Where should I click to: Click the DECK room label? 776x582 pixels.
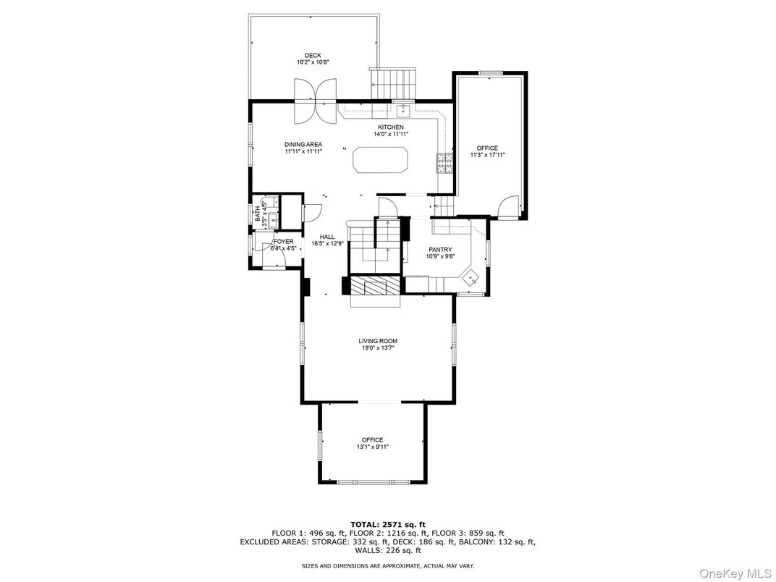pos(312,56)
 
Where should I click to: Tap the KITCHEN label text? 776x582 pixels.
pos(391,127)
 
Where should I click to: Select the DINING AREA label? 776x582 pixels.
pos(303,145)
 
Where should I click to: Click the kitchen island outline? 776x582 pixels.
pos(380,159)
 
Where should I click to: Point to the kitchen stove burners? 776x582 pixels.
pos(444,163)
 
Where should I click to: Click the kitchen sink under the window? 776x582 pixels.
pos(404,110)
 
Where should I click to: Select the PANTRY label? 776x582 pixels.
pos(440,250)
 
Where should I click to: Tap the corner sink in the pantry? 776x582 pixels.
pos(470,278)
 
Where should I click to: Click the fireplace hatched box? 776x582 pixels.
pos(375,285)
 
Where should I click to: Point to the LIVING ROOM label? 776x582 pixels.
pos(378,341)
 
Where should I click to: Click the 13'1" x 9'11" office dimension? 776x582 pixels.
pos(373,447)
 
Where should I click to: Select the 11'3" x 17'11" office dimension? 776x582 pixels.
pos(487,155)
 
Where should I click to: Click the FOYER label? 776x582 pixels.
pos(284,242)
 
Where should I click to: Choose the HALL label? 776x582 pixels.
pos(327,237)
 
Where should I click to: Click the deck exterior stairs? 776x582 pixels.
pos(394,84)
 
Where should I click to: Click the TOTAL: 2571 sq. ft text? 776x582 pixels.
pos(388,525)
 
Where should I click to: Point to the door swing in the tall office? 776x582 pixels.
pos(507,207)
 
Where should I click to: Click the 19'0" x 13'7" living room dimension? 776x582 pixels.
pos(378,348)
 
